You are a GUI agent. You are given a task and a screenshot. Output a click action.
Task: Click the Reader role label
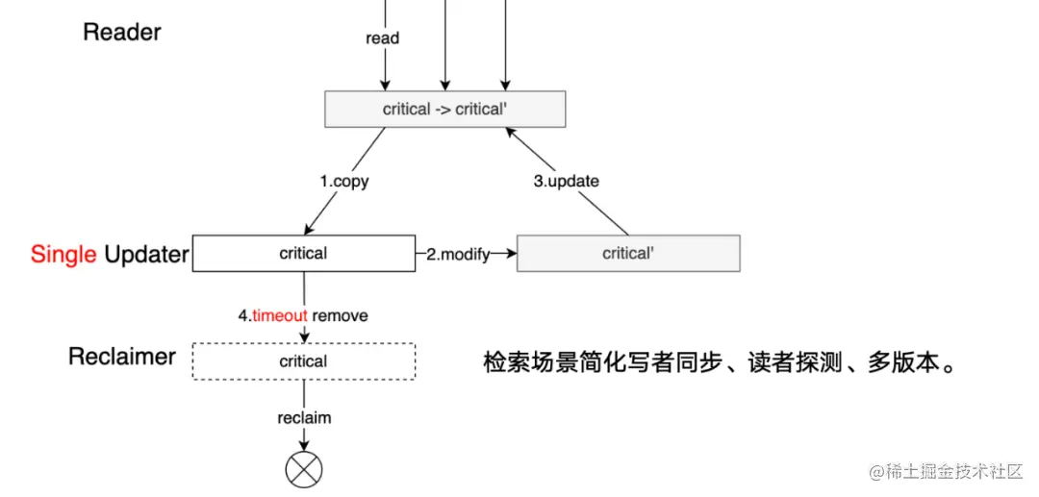click(121, 32)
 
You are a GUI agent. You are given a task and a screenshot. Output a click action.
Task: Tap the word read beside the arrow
click(382, 38)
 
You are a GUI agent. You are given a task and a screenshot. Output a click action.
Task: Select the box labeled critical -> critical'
click(444, 109)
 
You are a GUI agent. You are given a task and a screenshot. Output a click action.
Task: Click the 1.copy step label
click(344, 181)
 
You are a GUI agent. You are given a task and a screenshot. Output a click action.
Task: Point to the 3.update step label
click(566, 181)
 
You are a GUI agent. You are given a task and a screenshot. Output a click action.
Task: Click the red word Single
click(63, 254)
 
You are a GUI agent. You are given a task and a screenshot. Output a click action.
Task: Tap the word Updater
click(146, 254)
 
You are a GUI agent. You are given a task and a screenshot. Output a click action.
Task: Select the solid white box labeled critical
click(303, 254)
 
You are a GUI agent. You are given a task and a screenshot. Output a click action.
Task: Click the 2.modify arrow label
click(458, 254)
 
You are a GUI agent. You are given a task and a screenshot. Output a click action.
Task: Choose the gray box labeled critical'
click(628, 254)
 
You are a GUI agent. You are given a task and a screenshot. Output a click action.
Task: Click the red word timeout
click(280, 315)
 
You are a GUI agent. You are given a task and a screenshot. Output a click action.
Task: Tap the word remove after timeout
click(340, 315)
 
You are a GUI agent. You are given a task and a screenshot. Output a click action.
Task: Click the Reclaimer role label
click(122, 357)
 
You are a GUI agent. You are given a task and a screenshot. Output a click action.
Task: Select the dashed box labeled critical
click(303, 361)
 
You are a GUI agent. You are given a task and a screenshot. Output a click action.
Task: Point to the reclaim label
click(304, 417)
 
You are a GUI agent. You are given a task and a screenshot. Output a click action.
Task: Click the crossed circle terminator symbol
click(304, 469)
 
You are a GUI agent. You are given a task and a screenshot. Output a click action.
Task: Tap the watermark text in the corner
click(945, 471)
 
